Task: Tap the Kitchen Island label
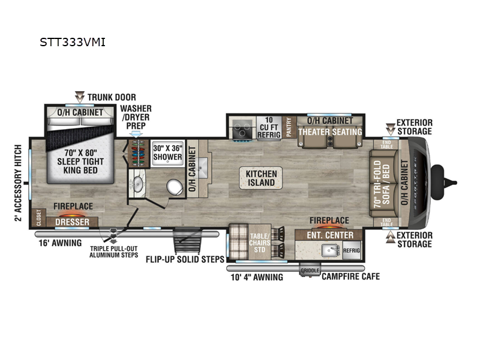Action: pos(261,178)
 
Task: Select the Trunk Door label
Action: pos(112,97)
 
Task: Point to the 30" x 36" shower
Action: pos(167,152)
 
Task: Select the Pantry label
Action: pos(289,127)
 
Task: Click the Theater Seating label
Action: pos(331,132)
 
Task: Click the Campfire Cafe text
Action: pos(350,277)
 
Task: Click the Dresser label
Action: pos(72,223)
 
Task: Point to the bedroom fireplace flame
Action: pos(73,215)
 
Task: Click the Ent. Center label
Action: pos(331,235)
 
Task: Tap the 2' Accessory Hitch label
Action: pos(18,182)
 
